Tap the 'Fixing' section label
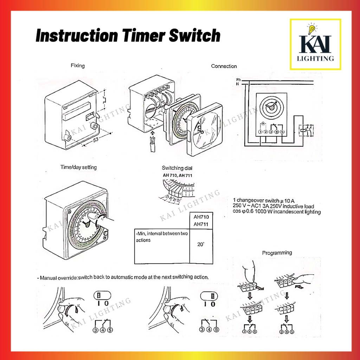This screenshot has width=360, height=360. (78, 65)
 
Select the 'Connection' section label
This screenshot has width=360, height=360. (224, 66)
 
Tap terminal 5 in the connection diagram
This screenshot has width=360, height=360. (282, 131)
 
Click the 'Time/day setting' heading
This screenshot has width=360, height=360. (78, 167)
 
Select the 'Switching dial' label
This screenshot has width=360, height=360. (177, 168)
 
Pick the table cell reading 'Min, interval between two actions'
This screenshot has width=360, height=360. (161, 237)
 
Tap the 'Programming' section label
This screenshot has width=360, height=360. (277, 252)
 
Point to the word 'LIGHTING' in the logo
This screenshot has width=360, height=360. (315, 59)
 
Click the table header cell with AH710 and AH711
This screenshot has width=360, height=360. (201, 220)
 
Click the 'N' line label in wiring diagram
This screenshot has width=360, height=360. (238, 84)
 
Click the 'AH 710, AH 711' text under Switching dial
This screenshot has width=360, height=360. (178, 175)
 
